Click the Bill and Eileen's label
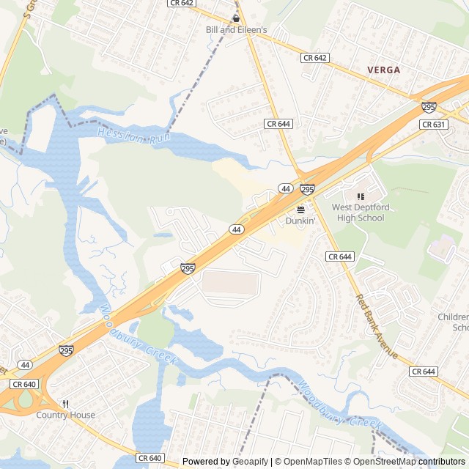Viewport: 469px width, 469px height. [236, 29]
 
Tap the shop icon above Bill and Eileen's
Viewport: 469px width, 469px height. [236, 18]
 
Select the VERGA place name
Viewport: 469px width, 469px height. [384, 70]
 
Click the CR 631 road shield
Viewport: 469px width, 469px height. [433, 125]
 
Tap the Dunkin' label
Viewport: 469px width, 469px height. [300, 220]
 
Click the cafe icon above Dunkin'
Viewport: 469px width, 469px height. [300, 209]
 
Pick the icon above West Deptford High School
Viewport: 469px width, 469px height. [360, 196]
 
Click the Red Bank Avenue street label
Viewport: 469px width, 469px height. [377, 326]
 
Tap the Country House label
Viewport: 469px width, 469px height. [66, 415]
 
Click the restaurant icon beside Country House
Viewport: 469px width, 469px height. [66, 404]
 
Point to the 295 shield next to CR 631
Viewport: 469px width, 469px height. [429, 108]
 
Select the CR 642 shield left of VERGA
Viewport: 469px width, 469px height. [315, 57]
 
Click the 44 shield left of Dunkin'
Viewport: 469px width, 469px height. [285, 189]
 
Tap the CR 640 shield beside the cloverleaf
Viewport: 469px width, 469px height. [24, 384]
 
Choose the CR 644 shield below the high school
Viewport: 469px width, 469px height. [340, 256]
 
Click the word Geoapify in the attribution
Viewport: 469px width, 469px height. [251, 462]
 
